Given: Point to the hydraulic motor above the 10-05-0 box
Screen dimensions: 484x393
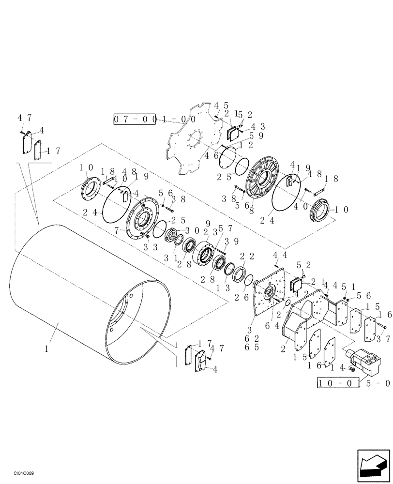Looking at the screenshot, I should [x=365, y=361].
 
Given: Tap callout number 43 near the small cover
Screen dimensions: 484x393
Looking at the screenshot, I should [x=257, y=126].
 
